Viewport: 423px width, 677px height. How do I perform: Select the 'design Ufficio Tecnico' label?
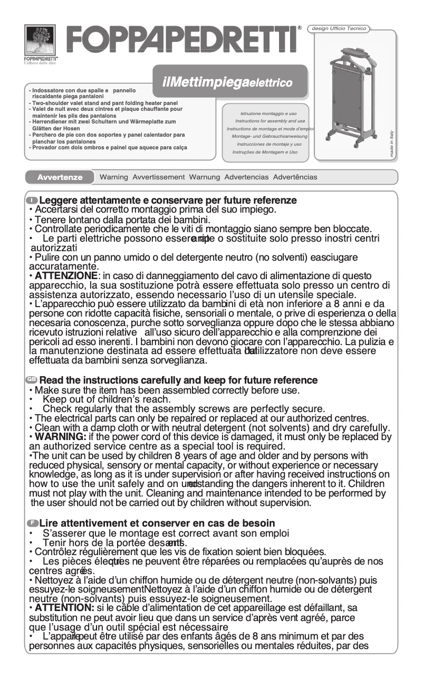[339, 28]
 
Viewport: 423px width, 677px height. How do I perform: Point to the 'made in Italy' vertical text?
[392, 144]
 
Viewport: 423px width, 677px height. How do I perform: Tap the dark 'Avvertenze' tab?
[60, 177]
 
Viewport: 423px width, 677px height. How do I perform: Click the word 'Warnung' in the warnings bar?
[205, 177]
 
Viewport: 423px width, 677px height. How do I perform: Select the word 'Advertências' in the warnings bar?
[295, 177]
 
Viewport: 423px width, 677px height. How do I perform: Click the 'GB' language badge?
[32, 380]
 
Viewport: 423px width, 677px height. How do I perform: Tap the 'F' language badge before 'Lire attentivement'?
[32, 523]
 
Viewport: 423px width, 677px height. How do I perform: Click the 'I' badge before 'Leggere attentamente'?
[32, 201]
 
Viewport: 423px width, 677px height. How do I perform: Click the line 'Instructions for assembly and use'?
[270, 121]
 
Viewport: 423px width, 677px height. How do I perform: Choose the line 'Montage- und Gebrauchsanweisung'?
[270, 136]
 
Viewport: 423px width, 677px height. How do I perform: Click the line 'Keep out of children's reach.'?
[106, 399]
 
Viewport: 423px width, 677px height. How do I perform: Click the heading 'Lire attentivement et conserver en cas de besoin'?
[157, 523]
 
